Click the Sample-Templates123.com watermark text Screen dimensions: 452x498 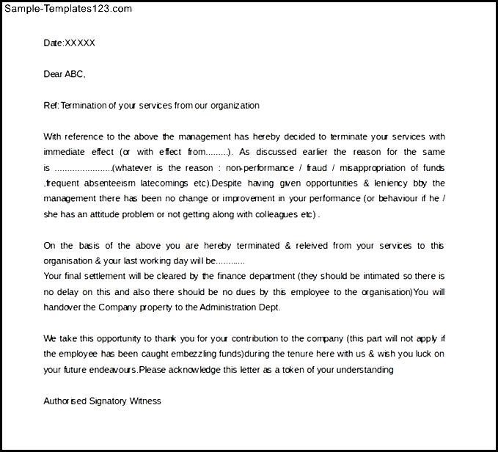point(67,9)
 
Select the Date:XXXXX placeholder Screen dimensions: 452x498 point(70,43)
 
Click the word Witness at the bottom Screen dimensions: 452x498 point(145,401)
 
